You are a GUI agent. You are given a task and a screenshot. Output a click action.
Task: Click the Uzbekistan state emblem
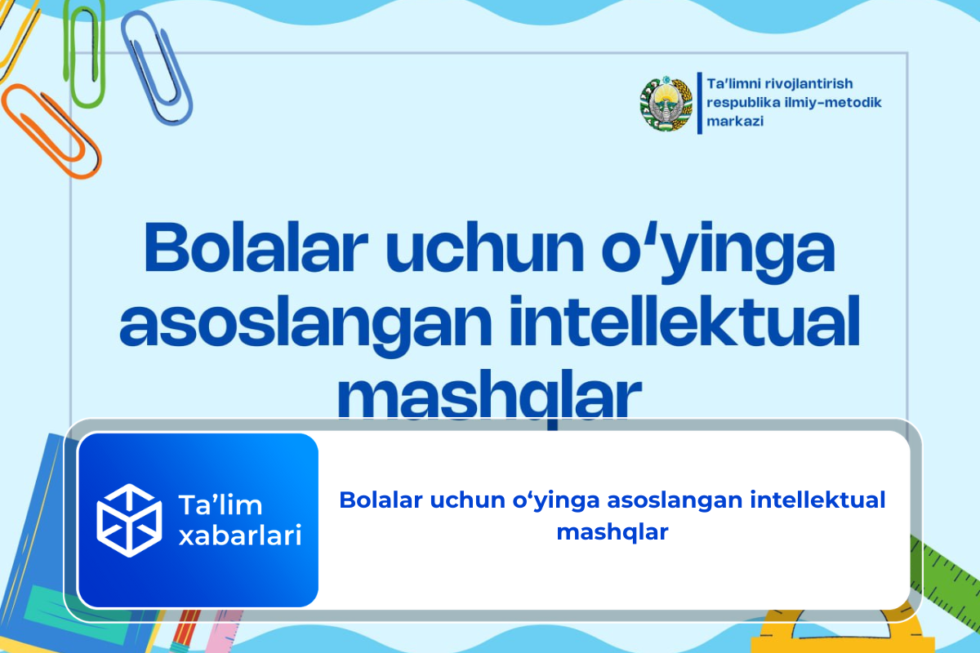pos(665,104)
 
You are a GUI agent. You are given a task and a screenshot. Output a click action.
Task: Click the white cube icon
pos(129,514)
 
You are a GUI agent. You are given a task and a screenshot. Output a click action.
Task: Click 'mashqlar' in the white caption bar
pos(612,531)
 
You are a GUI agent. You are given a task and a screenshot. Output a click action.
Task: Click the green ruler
pos(947,571)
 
